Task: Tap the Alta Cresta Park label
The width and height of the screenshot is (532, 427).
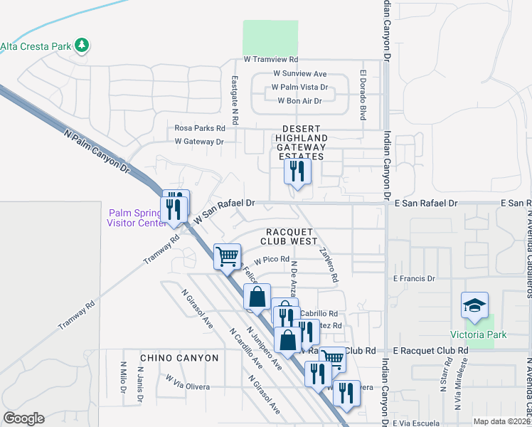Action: [x=36, y=47]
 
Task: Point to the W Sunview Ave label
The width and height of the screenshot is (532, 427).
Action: [x=299, y=74]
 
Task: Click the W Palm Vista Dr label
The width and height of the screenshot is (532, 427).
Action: [x=299, y=88]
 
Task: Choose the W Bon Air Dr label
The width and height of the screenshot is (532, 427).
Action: [x=299, y=101]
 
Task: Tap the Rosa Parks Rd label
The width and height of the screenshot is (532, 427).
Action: [x=200, y=129]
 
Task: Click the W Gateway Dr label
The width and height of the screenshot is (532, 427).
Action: [x=199, y=142]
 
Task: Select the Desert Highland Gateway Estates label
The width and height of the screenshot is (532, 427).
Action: [x=302, y=147]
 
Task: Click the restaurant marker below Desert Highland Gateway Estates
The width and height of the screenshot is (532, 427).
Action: [x=297, y=172]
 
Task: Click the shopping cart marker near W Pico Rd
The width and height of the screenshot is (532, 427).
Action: [x=228, y=255]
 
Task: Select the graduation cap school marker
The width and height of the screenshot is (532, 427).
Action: [x=474, y=306]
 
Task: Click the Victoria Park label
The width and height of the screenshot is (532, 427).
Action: [x=478, y=334]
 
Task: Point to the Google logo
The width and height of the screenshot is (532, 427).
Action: [x=23, y=418]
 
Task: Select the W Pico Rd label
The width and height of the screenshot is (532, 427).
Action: [x=271, y=260]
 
